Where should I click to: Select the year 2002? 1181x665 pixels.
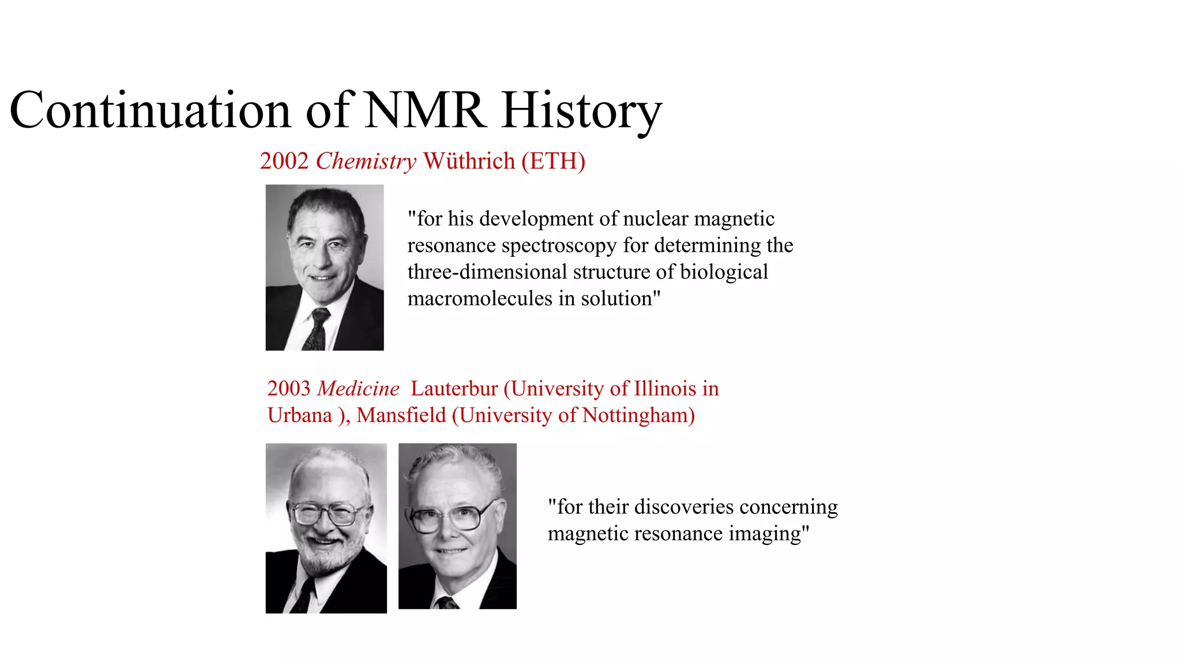click(284, 161)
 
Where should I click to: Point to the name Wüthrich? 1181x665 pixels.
click(469, 161)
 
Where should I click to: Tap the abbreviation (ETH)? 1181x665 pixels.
click(553, 161)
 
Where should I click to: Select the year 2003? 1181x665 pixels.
click(289, 388)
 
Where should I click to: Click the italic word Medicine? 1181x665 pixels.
click(358, 388)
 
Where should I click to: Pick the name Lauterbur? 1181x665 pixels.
click(454, 388)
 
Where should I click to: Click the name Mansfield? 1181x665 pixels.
click(401, 415)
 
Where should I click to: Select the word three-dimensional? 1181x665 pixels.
click(487, 272)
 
